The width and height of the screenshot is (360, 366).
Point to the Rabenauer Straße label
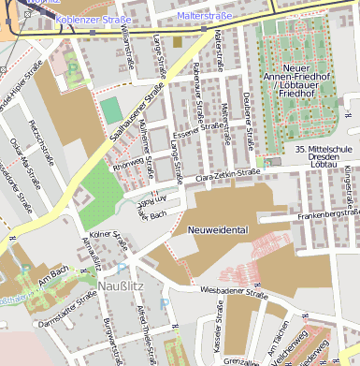tap(197, 96)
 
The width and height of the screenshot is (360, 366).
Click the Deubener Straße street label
tap(249, 125)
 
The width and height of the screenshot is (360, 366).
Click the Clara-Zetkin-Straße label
tap(227, 174)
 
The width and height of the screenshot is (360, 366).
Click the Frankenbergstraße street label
tap(327, 214)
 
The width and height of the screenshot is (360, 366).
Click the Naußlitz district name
tap(120, 282)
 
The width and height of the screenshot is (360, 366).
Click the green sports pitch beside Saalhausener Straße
tap(111, 110)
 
